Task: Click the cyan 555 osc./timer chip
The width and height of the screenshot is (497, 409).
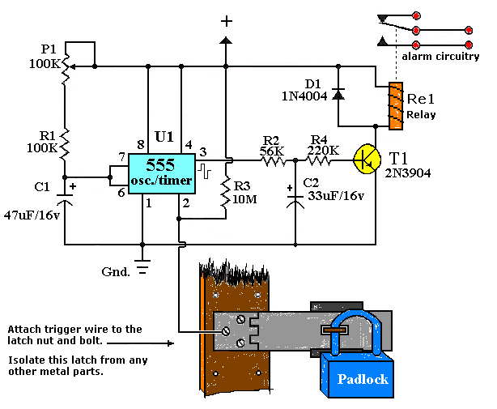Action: point(161,174)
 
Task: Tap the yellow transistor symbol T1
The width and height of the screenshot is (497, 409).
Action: point(367,160)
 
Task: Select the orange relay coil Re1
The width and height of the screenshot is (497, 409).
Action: point(396,106)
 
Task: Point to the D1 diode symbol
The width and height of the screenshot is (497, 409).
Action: point(338,94)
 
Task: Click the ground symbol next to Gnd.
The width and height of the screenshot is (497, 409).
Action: point(142,266)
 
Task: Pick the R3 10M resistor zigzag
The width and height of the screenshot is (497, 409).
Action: point(226,193)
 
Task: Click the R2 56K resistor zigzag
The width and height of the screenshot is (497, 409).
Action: point(273,161)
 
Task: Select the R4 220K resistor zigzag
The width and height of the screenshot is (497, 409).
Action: point(318,161)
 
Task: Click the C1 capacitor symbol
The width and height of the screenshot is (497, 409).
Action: point(65,198)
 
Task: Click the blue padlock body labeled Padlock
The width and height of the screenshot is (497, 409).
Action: point(358,376)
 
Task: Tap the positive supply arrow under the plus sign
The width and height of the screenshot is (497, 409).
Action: point(226,40)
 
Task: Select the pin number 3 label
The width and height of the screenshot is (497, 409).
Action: point(203,152)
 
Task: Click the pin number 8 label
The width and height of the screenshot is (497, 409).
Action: point(141,145)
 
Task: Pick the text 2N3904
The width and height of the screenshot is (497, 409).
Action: point(408,173)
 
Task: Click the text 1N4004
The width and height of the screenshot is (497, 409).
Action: point(304,96)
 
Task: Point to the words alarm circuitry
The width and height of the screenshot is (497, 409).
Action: point(440,57)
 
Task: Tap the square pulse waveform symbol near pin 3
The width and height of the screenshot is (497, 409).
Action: point(205,171)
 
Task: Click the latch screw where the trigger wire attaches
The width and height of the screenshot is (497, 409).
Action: point(226,331)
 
